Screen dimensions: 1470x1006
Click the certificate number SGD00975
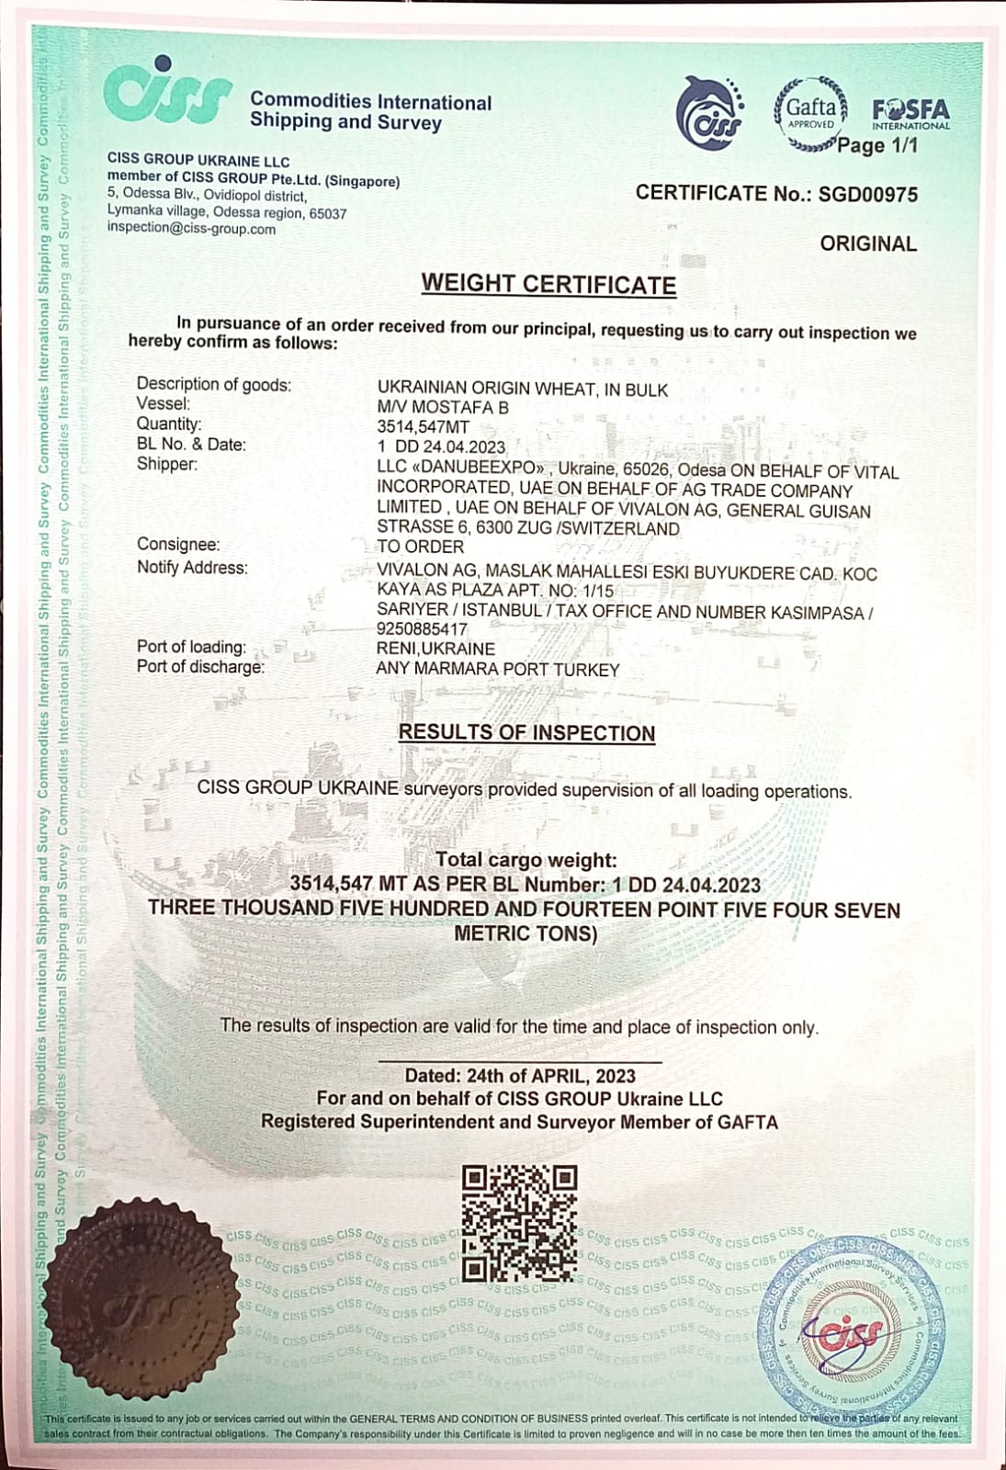868,194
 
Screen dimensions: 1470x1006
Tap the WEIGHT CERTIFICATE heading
548,285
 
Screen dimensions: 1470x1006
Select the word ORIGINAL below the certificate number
868,244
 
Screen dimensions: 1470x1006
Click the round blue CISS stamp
851,1322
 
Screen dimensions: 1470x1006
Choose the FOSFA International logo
910,114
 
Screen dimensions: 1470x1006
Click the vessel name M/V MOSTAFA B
442,407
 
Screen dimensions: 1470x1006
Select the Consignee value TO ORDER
420,547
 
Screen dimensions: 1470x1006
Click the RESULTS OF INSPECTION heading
526,733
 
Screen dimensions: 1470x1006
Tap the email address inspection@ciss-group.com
191,229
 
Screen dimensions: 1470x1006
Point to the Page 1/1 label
877,145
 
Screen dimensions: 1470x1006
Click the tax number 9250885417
422,629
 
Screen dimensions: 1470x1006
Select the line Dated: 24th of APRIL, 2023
520,1076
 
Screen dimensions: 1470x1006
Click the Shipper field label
166,464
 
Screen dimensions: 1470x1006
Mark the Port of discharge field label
200,667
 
